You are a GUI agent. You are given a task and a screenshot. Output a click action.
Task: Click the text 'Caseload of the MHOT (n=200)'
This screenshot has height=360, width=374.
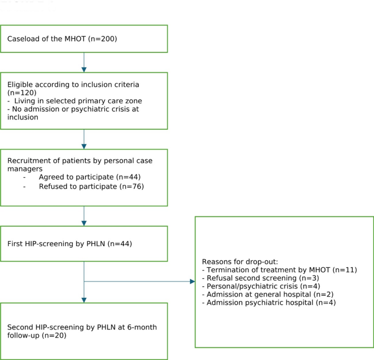(62, 39)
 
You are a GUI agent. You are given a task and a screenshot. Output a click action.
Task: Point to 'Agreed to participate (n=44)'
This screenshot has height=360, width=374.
(85, 178)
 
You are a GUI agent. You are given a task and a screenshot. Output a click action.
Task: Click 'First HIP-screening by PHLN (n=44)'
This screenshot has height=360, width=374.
(69, 243)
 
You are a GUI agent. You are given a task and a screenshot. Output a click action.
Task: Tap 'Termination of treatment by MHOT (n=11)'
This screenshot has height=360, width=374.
(279, 269)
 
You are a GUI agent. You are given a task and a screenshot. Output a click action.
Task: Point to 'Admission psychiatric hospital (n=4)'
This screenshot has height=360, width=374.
(268, 302)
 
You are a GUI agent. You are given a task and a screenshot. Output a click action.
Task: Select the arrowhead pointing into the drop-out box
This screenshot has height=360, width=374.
(192, 281)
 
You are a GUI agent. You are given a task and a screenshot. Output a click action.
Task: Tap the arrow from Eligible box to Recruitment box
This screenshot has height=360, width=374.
(84, 139)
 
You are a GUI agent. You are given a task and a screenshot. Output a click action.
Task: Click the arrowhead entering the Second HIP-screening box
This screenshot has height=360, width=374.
(84, 299)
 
